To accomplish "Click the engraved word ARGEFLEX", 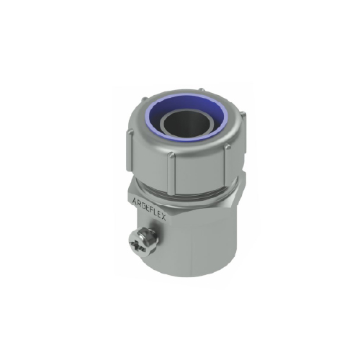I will click(150, 210).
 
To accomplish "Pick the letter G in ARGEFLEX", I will click(144, 206).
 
